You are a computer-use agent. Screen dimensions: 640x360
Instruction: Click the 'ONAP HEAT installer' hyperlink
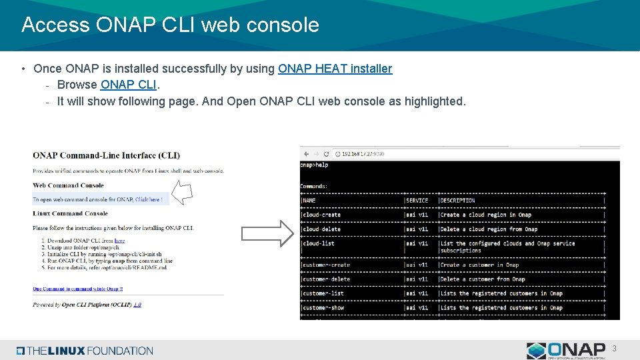(335, 69)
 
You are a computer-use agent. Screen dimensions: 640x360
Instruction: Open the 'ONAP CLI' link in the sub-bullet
(128, 85)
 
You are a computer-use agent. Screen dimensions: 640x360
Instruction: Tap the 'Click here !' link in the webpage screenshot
(148, 199)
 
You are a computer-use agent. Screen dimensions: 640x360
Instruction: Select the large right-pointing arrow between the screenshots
(267, 233)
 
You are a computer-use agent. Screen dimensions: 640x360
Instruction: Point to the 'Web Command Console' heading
(69, 185)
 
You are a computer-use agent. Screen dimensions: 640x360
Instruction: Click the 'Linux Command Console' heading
(70, 213)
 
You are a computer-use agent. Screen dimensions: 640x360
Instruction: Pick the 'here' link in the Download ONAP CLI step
(119, 241)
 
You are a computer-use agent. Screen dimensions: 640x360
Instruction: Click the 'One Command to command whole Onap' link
(77, 289)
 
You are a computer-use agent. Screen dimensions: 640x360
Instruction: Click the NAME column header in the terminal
(309, 200)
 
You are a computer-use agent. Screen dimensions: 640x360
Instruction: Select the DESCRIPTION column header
(457, 200)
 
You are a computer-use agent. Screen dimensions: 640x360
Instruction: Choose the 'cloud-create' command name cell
(321, 215)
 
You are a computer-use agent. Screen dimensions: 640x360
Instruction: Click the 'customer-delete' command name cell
(325, 279)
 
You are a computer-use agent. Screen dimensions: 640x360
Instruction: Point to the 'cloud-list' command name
(319, 243)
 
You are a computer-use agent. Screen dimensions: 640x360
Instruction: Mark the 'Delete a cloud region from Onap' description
(489, 229)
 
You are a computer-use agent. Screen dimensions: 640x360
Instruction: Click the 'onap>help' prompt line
(315, 165)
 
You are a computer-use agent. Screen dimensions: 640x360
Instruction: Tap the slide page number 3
(614, 349)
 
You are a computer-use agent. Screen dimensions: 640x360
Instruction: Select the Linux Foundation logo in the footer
(85, 351)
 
